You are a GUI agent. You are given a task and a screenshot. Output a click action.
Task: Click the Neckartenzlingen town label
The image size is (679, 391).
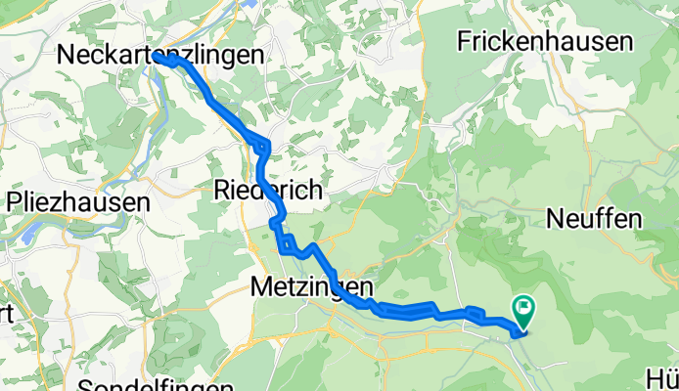(161, 56)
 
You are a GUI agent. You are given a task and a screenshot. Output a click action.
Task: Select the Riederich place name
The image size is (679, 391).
(267, 191)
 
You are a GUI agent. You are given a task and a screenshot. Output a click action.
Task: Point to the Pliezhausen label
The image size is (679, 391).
(77, 203)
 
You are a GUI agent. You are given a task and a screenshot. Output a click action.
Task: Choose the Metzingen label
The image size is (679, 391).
(312, 287)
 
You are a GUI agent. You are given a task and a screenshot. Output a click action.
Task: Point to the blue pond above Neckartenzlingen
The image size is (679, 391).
(251, 4)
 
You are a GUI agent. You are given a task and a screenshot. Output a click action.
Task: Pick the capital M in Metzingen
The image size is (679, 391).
(260, 287)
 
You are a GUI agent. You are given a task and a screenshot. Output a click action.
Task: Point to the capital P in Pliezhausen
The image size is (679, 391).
(14, 203)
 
